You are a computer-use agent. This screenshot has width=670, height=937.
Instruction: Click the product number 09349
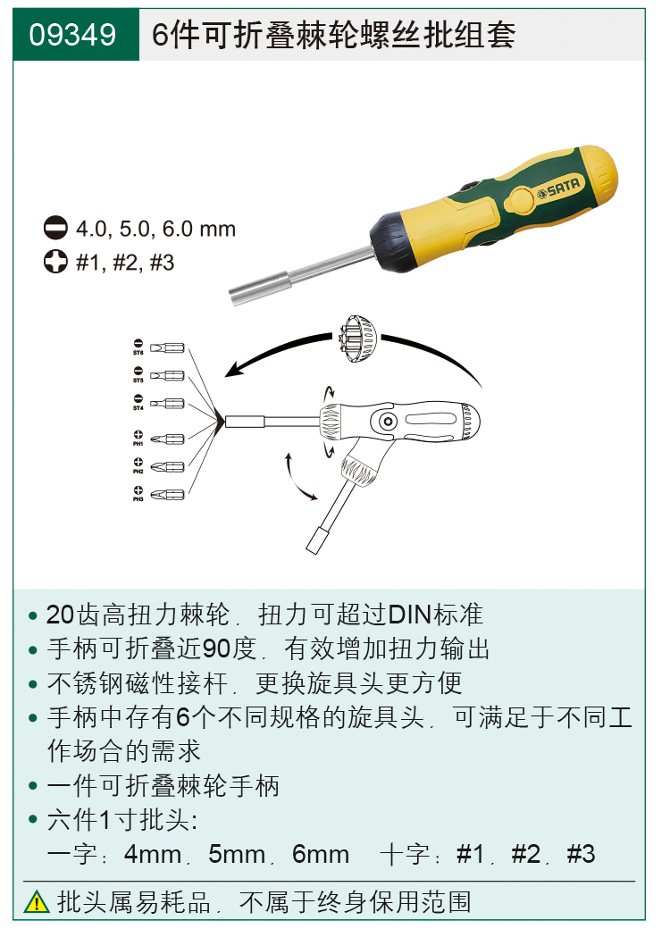pyautogui.click(x=72, y=36)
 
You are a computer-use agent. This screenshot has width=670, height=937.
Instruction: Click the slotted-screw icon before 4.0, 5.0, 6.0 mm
pyautogui.click(x=55, y=229)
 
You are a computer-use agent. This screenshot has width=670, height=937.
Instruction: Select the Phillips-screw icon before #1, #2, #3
pyautogui.click(x=55, y=263)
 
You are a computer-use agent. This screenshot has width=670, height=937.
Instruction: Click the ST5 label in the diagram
pyautogui.click(x=138, y=381)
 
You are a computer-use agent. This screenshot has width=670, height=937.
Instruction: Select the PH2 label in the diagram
pyautogui.click(x=138, y=471)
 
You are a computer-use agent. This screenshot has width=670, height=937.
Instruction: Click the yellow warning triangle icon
pyautogui.click(x=37, y=901)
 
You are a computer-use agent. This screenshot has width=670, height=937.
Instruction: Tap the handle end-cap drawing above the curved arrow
pyautogui.click(x=359, y=340)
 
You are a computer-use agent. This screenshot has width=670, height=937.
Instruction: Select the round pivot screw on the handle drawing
pyautogui.click(x=388, y=421)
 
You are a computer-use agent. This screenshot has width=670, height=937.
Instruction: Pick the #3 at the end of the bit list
pyautogui.click(x=581, y=854)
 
